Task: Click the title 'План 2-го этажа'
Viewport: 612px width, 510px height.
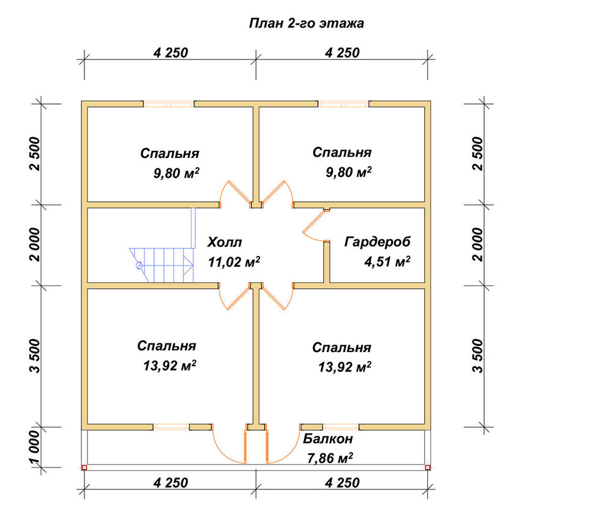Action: [307, 23]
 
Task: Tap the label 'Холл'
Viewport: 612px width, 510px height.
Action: [225, 242]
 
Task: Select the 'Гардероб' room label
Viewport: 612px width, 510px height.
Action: [378, 242]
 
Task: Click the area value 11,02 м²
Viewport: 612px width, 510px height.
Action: [234, 261]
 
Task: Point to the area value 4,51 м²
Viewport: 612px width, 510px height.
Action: [387, 261]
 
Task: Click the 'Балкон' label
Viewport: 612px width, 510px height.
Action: [328, 439]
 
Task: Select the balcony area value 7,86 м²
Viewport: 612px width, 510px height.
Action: [330, 458]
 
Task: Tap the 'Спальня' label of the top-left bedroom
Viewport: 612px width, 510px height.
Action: [170, 154]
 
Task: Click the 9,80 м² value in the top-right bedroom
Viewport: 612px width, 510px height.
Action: [349, 172]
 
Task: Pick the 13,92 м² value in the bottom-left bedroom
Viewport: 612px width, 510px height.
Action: [170, 366]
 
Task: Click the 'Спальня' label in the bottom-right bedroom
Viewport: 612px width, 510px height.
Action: [341, 348]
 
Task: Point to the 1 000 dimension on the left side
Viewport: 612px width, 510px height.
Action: [34, 448]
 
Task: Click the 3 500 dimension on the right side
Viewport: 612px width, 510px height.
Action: [478, 356]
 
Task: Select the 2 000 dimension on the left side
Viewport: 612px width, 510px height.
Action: [34, 245]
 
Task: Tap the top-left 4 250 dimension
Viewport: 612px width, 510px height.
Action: [171, 52]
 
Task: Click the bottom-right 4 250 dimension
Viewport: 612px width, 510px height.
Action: [342, 482]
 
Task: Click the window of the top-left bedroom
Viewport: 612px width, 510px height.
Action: [169, 104]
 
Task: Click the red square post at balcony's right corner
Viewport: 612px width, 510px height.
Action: [428, 467]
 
